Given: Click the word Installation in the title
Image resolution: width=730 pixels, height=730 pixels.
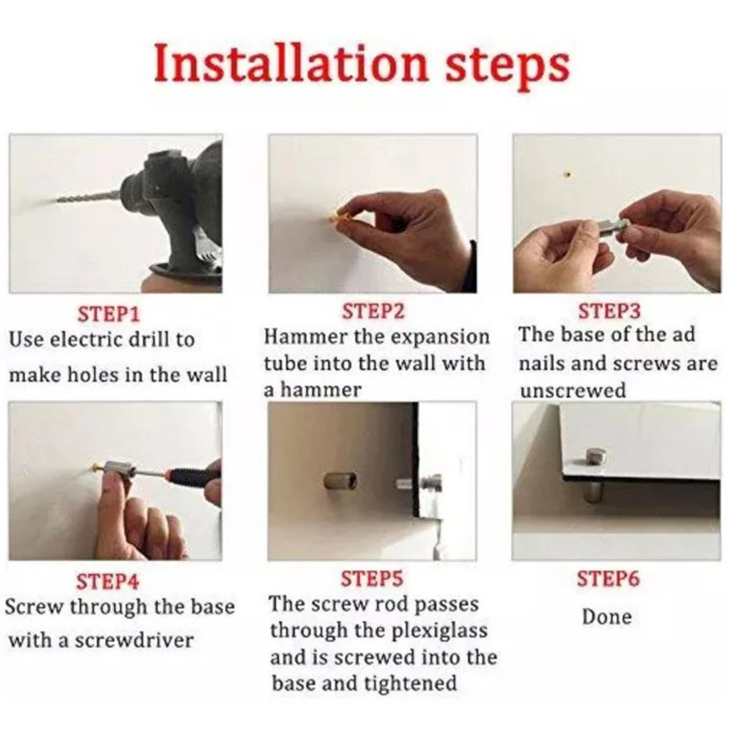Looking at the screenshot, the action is pyautogui.click(x=291, y=62).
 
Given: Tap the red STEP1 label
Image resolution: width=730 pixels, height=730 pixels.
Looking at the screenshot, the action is pyautogui.click(x=108, y=314).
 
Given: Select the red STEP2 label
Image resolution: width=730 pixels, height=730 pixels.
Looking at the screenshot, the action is pyautogui.click(x=373, y=311).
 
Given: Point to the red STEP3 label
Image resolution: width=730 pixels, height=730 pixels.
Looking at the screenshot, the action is pyautogui.click(x=610, y=311).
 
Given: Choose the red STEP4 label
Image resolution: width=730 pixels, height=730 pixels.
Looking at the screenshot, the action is pyautogui.click(x=108, y=581).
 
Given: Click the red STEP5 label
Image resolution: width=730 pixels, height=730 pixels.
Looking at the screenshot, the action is pyautogui.click(x=372, y=578).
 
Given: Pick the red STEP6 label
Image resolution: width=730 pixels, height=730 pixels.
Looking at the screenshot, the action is pyautogui.click(x=608, y=578).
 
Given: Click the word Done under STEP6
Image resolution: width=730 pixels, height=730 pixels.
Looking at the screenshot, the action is pyautogui.click(x=607, y=617).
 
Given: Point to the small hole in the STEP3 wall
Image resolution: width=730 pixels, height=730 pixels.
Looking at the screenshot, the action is pyautogui.click(x=567, y=175).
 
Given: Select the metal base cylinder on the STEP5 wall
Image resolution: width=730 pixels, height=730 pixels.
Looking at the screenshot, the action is pyautogui.click(x=340, y=480).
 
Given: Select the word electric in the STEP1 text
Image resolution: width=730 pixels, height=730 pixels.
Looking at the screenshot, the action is pyautogui.click(x=86, y=339).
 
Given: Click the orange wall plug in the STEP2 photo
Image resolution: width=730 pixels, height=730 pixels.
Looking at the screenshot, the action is pyautogui.click(x=341, y=215).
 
